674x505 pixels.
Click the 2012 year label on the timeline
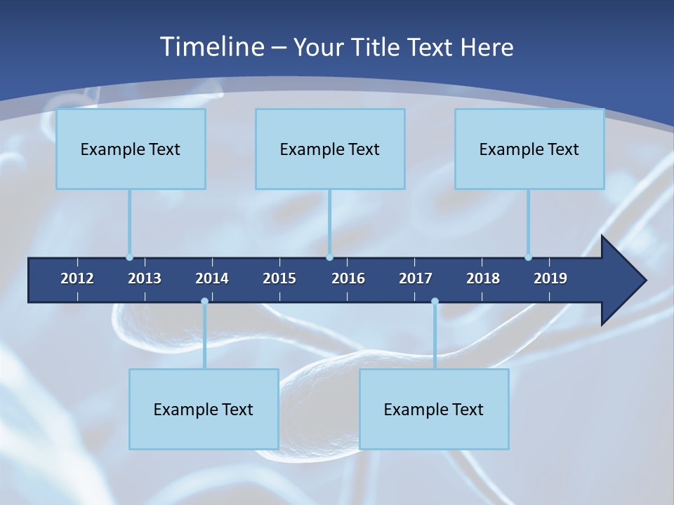click(x=77, y=278)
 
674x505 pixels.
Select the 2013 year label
click(x=145, y=278)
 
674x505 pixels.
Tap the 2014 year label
click(x=212, y=278)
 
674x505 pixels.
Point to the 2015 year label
click(x=279, y=278)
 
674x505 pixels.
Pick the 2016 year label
click(x=348, y=278)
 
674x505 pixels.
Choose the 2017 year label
click(x=416, y=278)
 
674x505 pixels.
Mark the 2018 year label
click(x=483, y=278)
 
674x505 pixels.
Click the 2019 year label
click(x=550, y=278)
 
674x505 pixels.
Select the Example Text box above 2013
click(x=131, y=149)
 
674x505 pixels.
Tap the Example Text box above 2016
click(x=330, y=149)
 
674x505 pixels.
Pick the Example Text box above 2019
click(x=529, y=149)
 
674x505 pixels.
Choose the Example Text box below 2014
click(x=204, y=409)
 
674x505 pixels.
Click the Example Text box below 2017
click(x=434, y=409)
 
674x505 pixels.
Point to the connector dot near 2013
click(x=129, y=257)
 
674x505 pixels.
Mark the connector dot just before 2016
click(x=330, y=257)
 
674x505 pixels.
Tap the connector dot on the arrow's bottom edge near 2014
click(x=204, y=302)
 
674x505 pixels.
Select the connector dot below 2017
click(x=435, y=302)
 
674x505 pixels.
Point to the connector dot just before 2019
click(x=528, y=257)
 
